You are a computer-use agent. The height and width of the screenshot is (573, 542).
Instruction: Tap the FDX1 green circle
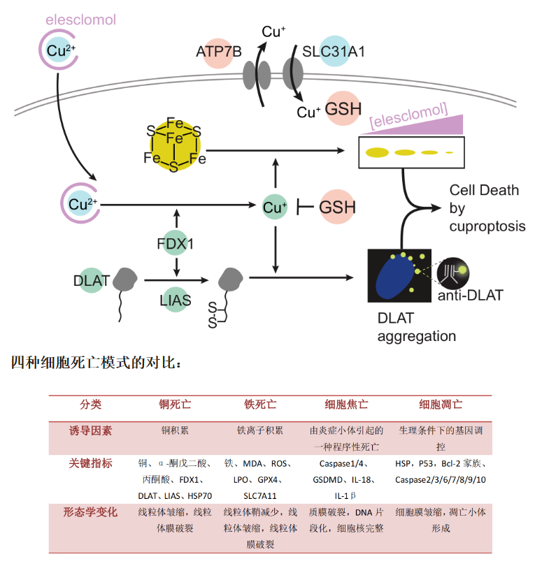coord(174,244)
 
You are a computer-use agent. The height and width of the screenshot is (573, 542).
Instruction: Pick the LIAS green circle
coord(174,298)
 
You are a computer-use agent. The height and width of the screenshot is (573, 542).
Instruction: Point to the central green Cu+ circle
coord(274,206)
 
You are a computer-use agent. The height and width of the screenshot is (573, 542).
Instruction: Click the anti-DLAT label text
coord(470,296)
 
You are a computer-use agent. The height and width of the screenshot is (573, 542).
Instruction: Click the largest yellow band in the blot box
coord(378,152)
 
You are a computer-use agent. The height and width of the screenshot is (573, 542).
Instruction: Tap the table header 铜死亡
coord(175,405)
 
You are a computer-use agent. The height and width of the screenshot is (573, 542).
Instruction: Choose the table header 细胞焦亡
coord(347,405)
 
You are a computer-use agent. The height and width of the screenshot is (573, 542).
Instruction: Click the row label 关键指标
coord(91,463)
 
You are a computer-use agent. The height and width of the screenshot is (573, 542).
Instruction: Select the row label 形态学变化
coord(91,512)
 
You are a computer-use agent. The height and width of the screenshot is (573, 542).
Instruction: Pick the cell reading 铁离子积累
coord(260,430)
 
